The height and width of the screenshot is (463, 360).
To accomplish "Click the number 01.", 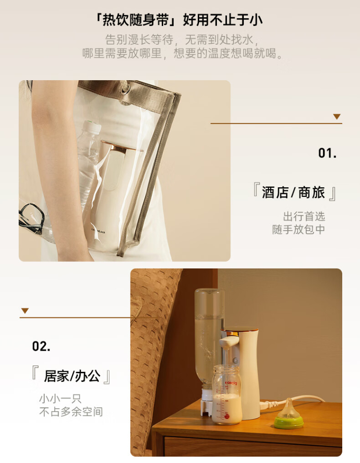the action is point(327,153).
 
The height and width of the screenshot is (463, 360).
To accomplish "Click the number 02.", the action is point(41,346).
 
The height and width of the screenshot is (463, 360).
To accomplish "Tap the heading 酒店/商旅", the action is point(294,193).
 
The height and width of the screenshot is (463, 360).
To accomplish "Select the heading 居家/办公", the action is point(72,376).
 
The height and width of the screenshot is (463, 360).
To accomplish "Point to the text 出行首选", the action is point(304,217).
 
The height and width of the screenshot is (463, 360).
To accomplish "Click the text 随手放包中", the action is point(299,230).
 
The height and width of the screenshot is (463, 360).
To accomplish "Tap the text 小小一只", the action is point(60,399).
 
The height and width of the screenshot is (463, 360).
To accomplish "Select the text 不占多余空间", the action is point(71,412).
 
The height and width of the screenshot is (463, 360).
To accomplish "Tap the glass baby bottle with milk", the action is point(227,394).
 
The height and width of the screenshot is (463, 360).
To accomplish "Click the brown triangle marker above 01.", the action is point(337,117).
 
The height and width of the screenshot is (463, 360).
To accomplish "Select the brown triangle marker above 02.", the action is point(25,311).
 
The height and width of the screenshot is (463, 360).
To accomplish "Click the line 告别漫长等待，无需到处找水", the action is point(182,40).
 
